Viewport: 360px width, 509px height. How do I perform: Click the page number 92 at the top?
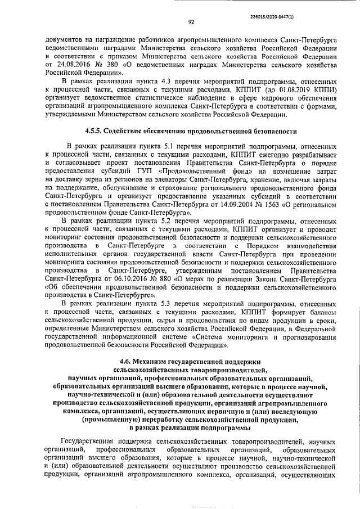pyautogui.click(x=191, y=22)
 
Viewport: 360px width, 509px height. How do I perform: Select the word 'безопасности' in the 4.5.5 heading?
pyautogui.click(x=272, y=132)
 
